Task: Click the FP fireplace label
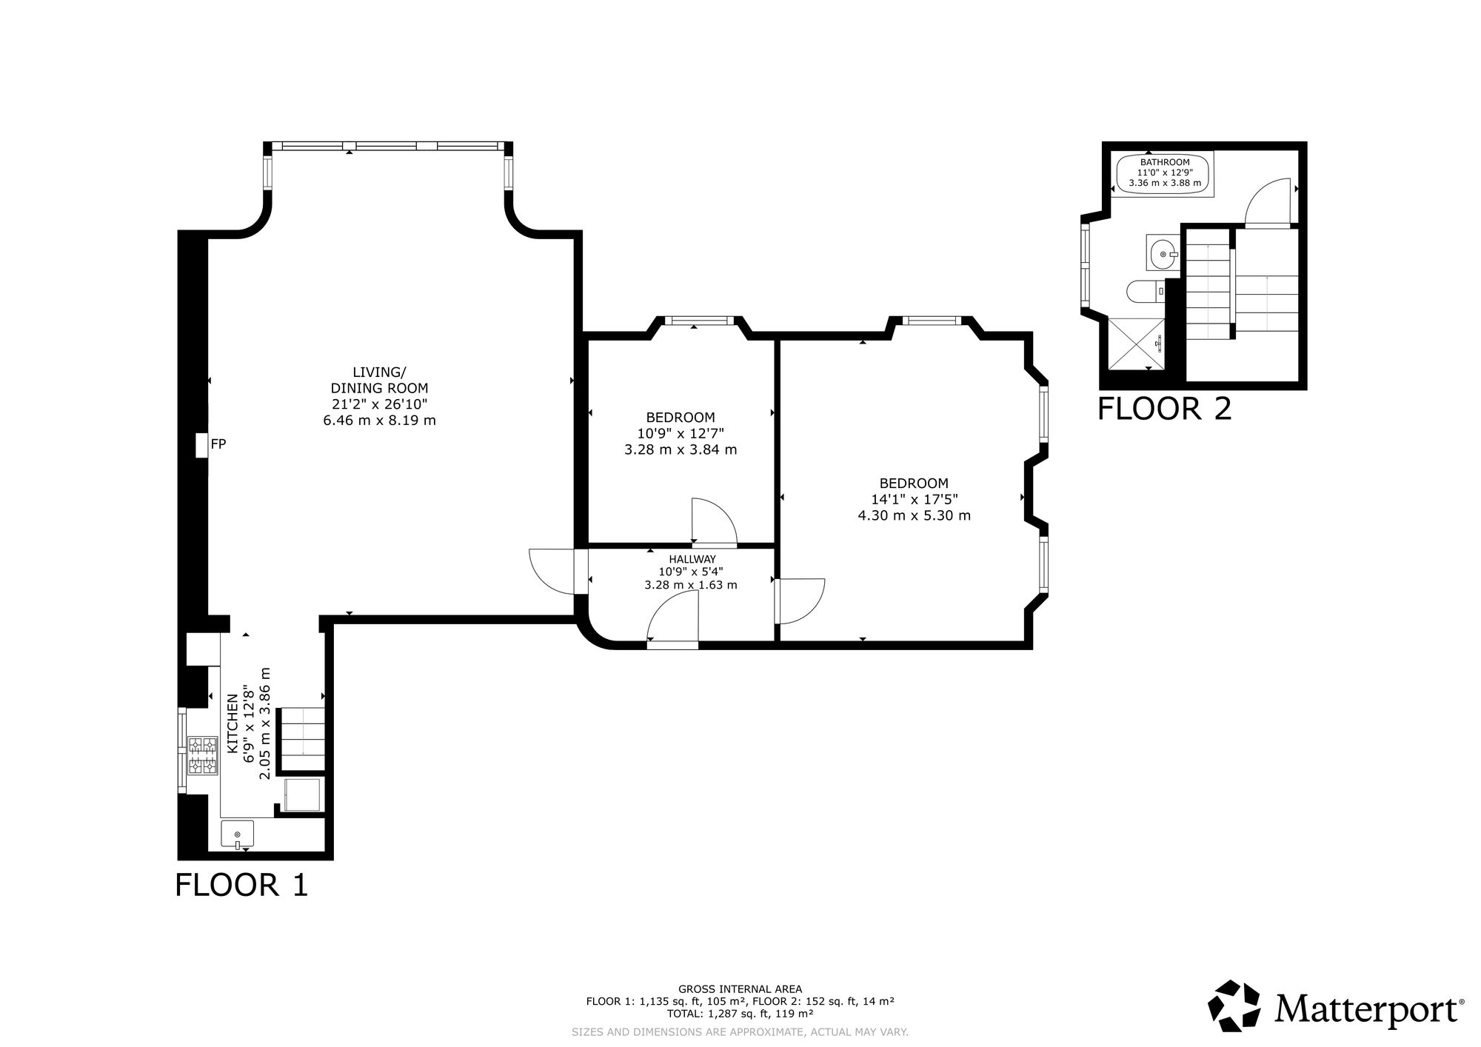[218, 444]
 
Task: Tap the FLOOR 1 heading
[241, 885]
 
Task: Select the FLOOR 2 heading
[1164, 409]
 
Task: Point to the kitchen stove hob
[203, 755]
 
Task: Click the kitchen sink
[237, 834]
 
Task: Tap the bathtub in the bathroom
[1164, 175]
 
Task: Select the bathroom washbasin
[1163, 253]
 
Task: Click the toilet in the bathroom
[1145, 292]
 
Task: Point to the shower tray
[1136, 343]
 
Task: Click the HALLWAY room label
[692, 559]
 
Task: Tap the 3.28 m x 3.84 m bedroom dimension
[681, 449]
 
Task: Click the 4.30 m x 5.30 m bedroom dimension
[914, 515]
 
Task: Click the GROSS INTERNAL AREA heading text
[740, 989]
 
